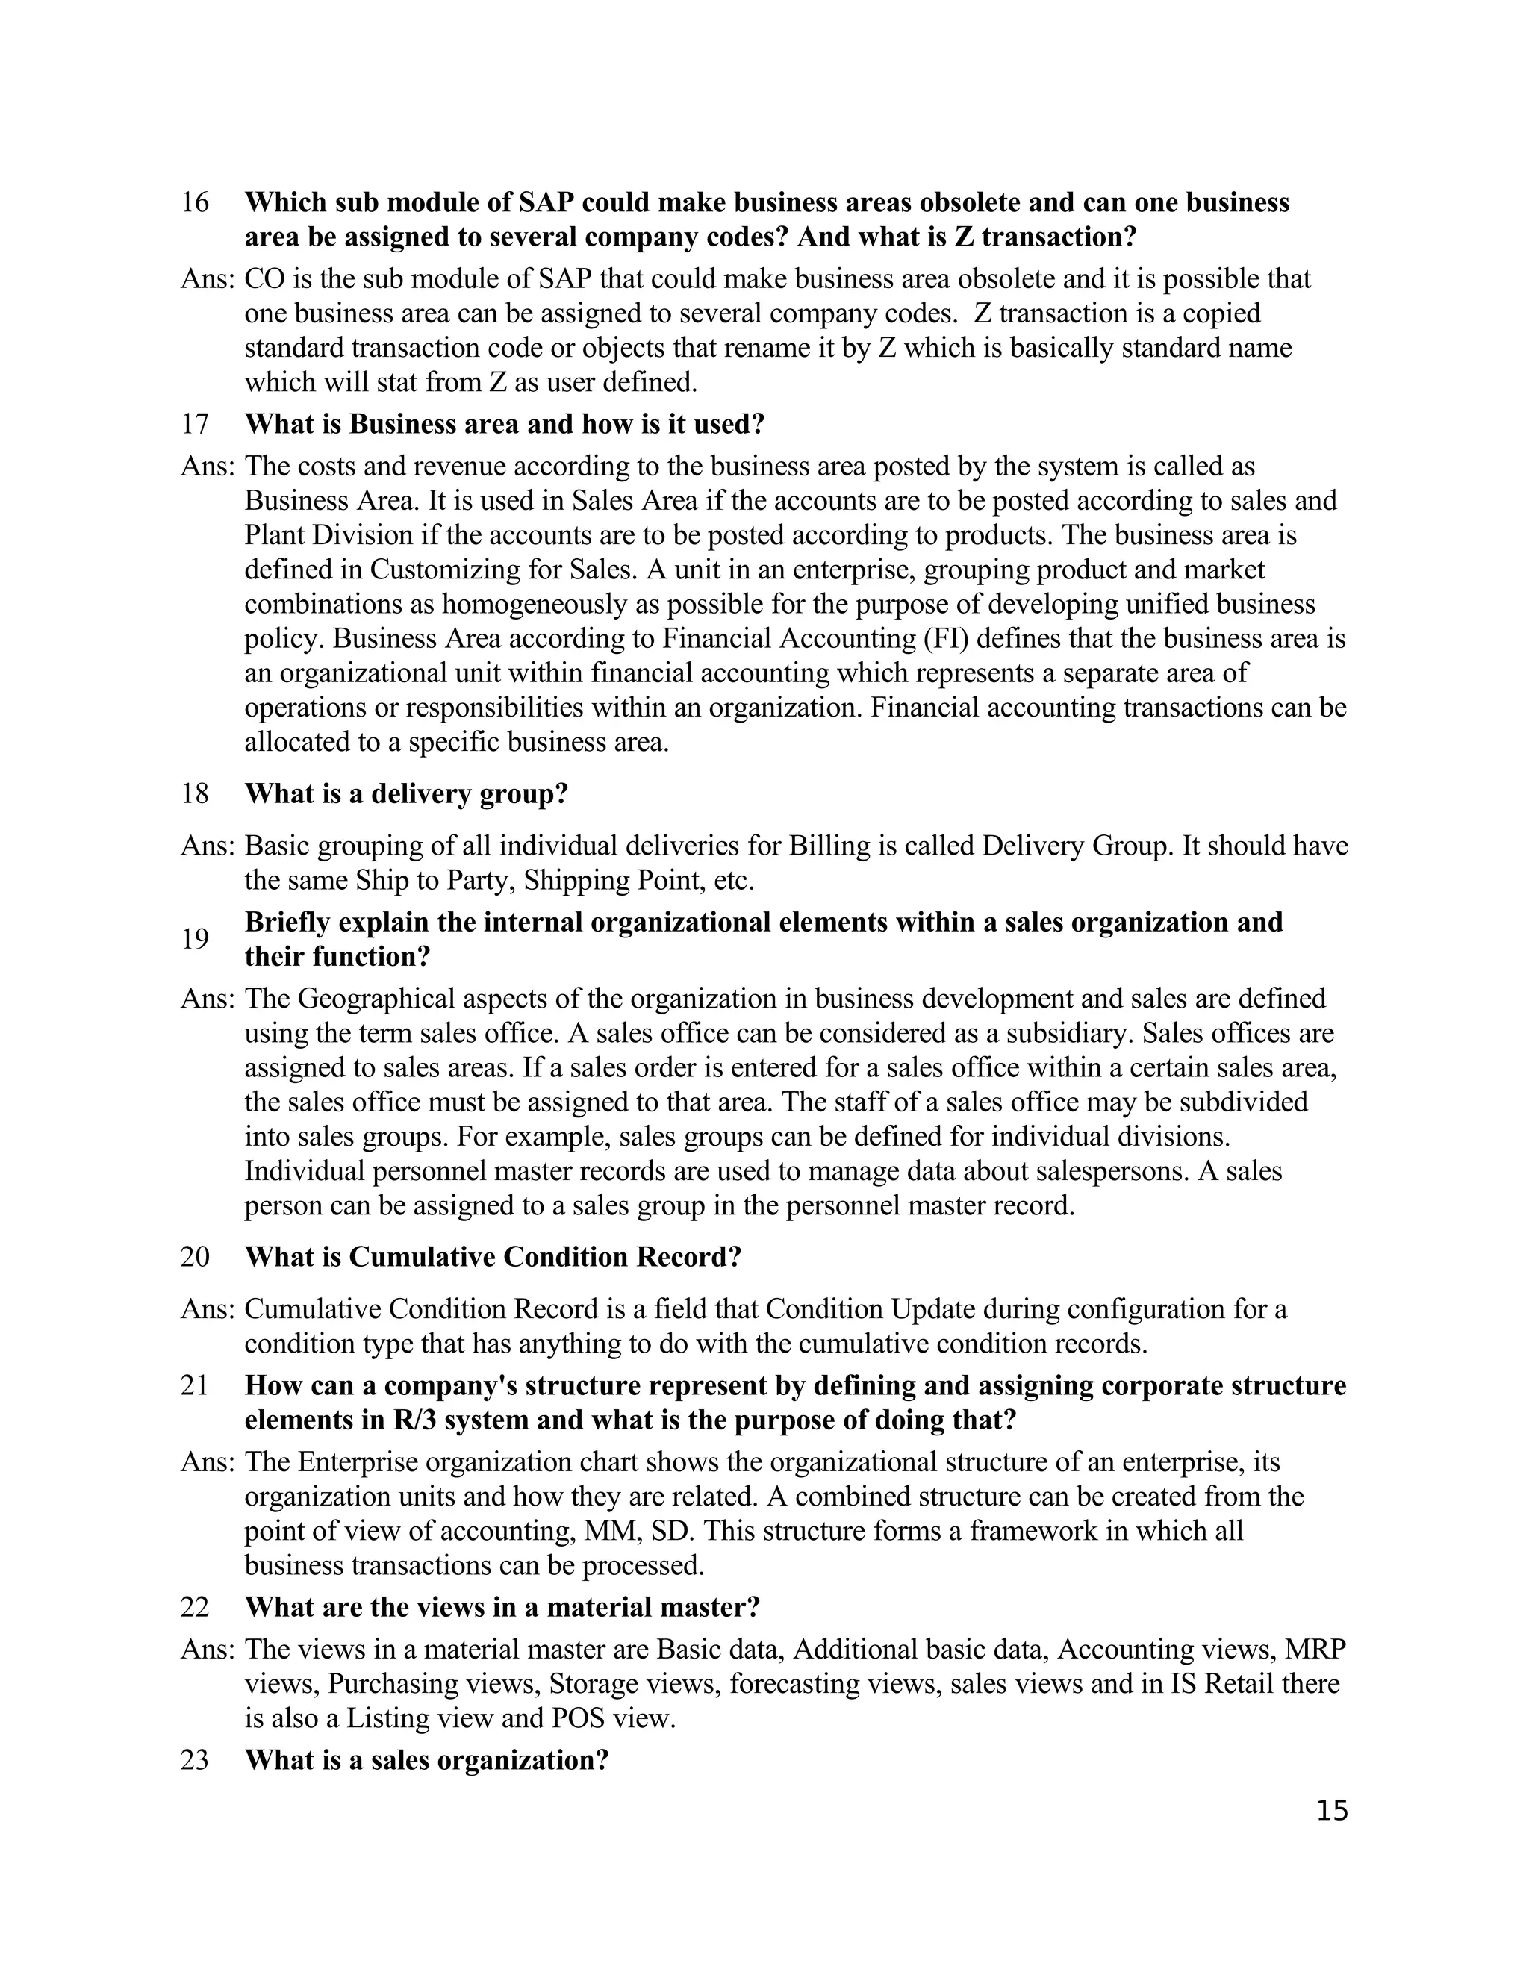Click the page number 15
[1332, 1812]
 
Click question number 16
[195, 202]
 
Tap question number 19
[195, 939]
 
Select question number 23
[195, 1760]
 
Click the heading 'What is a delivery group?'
[406, 793]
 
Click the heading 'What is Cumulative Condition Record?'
[493, 1257]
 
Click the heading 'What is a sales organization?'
[426, 1760]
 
